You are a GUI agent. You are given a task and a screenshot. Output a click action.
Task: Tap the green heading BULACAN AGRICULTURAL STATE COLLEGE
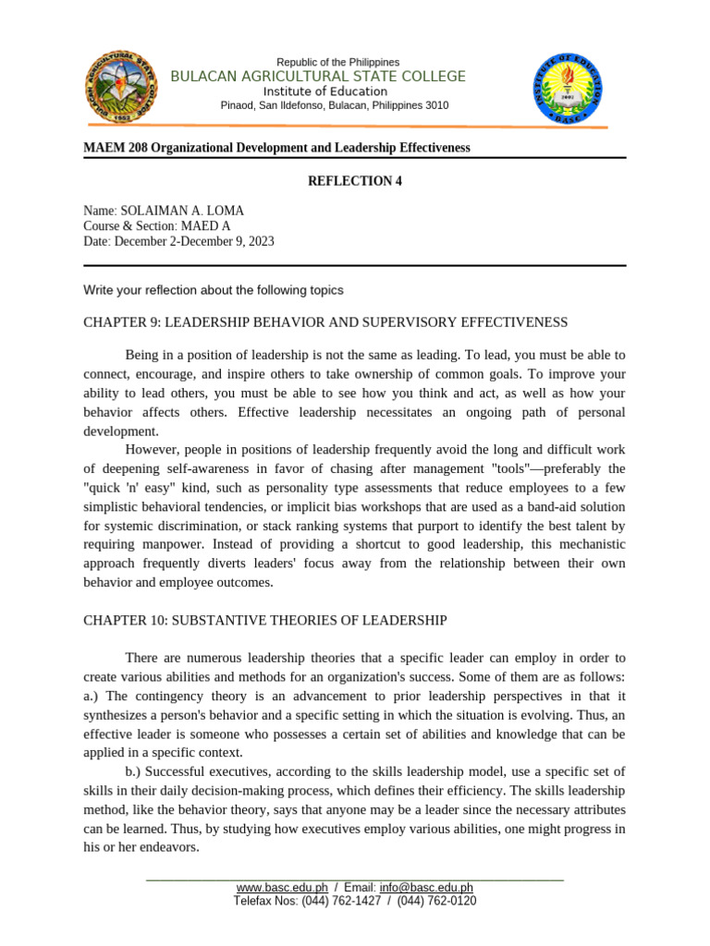tap(318, 76)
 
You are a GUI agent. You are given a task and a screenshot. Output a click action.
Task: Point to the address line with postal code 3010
tap(334, 105)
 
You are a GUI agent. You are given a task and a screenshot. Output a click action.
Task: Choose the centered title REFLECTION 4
tap(354, 181)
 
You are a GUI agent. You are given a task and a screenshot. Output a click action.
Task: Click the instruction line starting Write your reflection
tap(213, 290)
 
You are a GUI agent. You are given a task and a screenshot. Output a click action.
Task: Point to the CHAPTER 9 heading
tap(325, 321)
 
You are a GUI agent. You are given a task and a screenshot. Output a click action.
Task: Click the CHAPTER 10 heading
tap(265, 620)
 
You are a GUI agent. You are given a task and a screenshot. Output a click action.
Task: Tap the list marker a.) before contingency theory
tap(92, 696)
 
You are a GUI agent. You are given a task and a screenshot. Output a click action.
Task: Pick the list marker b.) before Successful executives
tap(135, 771)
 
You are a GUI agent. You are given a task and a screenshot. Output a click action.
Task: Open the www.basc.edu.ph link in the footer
tap(281, 887)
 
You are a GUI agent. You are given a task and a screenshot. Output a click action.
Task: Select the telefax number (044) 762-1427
tap(341, 901)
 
